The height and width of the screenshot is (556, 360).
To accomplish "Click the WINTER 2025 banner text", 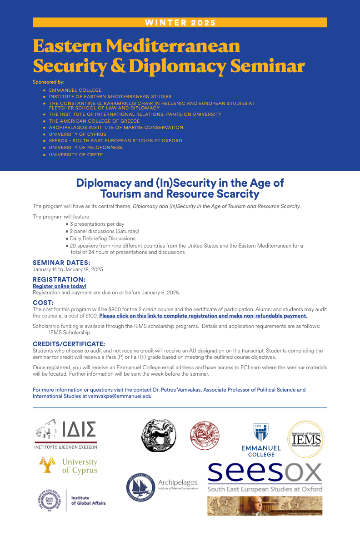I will (180, 23).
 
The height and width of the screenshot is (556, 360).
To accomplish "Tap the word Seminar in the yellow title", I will (267, 66).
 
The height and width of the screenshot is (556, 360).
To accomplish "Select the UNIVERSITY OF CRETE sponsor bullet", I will (76, 155).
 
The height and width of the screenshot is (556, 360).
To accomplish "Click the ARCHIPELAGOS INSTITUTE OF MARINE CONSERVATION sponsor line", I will (116, 128).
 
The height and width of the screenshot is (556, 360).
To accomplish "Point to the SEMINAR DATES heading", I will (61, 263).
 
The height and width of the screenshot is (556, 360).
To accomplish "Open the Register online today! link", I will (60, 286).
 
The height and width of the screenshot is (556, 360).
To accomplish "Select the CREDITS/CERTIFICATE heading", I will (69, 344).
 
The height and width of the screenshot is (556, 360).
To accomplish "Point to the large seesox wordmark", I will (265, 473).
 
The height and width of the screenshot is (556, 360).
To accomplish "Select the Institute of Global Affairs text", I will (88, 500).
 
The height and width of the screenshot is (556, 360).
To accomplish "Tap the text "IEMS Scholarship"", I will (70, 333).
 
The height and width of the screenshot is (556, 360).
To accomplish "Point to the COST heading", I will (43, 303).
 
